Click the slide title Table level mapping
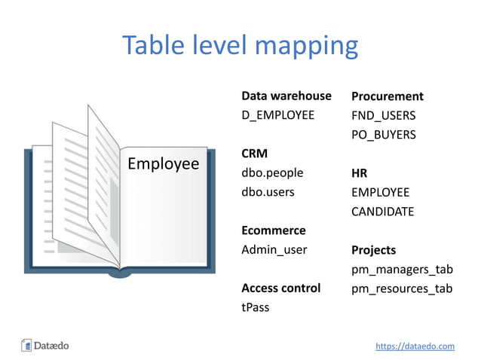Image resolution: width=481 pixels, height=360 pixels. (x=240, y=46)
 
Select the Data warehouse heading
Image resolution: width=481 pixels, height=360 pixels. (x=286, y=96)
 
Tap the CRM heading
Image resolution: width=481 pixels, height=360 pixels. (x=253, y=154)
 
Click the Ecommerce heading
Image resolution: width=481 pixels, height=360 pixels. (x=273, y=230)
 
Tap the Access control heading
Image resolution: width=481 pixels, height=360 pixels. (x=280, y=288)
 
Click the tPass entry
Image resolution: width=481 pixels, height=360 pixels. (x=255, y=307)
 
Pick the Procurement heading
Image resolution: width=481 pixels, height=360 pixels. (x=387, y=96)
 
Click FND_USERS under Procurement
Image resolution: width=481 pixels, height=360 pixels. (x=383, y=116)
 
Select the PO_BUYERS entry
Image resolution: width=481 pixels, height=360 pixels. (x=383, y=135)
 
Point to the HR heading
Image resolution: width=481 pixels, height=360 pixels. (x=359, y=173)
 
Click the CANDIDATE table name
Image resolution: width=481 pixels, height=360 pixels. (x=382, y=212)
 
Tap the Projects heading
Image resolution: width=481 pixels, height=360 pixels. (x=373, y=250)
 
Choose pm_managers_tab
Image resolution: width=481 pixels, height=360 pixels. (x=402, y=270)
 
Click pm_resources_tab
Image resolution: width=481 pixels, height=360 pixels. (x=402, y=288)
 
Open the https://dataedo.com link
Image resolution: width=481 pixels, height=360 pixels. (x=415, y=346)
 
